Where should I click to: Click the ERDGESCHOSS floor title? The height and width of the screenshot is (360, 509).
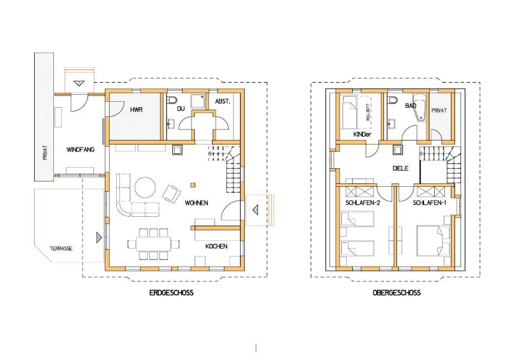coord(171,293)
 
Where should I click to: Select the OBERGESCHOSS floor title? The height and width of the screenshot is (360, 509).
coord(396,293)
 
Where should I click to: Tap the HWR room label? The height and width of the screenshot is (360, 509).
coord(137,110)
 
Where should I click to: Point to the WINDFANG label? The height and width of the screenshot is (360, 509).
coord(80,150)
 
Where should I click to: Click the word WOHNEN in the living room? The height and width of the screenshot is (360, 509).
coord(196,203)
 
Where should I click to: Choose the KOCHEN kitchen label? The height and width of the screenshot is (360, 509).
coord(216,246)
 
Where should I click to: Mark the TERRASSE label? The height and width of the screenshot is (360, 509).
coord(61,249)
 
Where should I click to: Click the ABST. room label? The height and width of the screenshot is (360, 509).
coord(223,101)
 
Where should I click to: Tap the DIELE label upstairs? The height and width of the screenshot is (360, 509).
coord(400,168)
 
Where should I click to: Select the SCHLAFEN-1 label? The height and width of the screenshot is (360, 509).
coord(429,203)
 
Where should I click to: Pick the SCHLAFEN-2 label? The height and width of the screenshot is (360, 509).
coord(363,203)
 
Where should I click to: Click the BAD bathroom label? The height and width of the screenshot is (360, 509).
coord(410,105)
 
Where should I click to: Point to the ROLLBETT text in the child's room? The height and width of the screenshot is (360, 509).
coord(368,112)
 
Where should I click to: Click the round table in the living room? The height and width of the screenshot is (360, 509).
coord(145,187)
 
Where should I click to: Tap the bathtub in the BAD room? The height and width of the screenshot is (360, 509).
coord(419,107)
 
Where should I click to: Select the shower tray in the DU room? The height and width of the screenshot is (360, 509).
coord(198,102)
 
